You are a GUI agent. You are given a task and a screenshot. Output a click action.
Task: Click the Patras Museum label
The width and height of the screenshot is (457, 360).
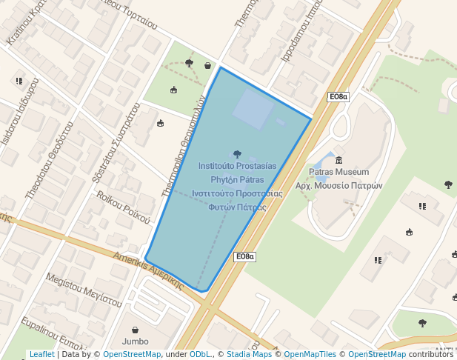coord(338,172)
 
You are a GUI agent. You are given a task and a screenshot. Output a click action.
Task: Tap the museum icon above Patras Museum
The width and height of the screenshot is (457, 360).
coord(338,160)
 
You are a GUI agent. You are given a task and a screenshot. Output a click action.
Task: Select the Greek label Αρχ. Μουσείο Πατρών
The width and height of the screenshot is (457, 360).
coord(338,186)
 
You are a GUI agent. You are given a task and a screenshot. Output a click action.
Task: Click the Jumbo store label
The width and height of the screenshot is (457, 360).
coord(135,341)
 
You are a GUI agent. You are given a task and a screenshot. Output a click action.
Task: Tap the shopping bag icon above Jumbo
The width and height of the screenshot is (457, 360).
coord(135,330)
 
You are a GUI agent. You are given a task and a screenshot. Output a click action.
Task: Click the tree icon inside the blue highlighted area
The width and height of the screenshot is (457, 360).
coord(237,154)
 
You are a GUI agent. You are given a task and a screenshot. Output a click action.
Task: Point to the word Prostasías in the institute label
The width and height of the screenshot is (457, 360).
coord(252,166)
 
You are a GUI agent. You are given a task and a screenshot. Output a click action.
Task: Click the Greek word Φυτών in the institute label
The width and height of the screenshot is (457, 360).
coord(221,207)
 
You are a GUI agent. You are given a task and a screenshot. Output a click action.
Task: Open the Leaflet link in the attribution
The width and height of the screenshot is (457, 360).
coord(41,355)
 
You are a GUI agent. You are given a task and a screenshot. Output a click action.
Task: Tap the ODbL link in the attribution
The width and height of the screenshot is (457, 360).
coord(199,355)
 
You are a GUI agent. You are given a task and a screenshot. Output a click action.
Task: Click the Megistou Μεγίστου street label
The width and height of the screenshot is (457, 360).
coord(83,290)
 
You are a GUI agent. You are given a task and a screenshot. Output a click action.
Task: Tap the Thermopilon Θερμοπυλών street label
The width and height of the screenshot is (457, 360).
coord(183,146)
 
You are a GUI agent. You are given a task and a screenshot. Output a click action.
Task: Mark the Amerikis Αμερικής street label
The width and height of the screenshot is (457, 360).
coord(148,270)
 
